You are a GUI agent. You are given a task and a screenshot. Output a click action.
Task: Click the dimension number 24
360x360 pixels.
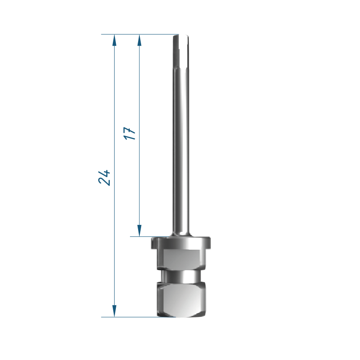click(x=104, y=178)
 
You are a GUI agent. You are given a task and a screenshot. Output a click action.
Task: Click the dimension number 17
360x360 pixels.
click(x=130, y=133)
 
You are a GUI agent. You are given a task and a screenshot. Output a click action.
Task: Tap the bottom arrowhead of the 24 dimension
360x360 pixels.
click(x=114, y=311)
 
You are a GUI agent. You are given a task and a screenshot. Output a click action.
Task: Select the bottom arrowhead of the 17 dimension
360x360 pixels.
click(x=139, y=230)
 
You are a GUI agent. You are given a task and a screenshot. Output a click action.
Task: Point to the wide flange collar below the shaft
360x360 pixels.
click(x=181, y=243)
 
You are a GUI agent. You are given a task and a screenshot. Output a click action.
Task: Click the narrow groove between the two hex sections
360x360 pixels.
click(x=181, y=276)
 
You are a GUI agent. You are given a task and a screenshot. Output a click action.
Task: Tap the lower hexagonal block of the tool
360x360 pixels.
click(x=181, y=300)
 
